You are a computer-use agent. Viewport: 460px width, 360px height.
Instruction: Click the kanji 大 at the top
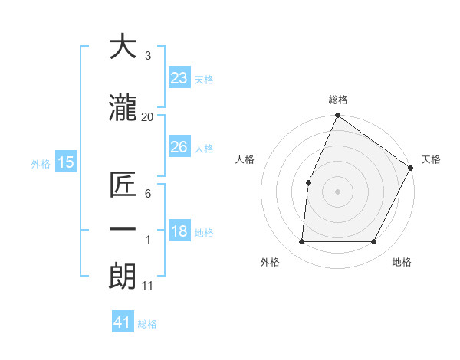[x=123, y=47]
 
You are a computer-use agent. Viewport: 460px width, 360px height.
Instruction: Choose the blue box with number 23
[x=179, y=77]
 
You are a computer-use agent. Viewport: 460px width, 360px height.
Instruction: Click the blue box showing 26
[x=179, y=147]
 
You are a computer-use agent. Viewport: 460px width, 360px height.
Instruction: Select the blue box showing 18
[x=179, y=231]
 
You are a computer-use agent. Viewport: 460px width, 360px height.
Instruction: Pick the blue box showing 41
[x=123, y=322]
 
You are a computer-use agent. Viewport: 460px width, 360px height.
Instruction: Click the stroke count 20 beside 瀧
[x=148, y=116]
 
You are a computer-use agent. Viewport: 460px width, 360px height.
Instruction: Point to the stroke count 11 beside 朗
[x=148, y=286]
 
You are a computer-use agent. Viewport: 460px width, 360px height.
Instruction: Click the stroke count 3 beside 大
[x=147, y=55]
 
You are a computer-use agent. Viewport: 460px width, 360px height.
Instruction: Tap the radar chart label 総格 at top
[x=337, y=100]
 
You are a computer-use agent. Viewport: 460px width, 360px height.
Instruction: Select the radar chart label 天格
[x=431, y=159]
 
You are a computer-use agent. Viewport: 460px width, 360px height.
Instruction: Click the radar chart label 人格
[x=245, y=159]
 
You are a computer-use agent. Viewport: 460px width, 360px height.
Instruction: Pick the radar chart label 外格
[x=270, y=262]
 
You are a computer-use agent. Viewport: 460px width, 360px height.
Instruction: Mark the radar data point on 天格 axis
[x=410, y=168]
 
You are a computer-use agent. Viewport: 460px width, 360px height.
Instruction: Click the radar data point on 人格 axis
[x=308, y=182]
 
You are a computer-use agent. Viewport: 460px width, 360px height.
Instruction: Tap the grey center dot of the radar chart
[x=337, y=191]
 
